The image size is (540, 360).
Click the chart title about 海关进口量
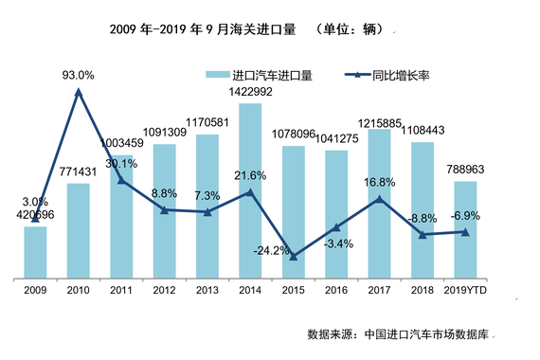pyautogui.click(x=232, y=29)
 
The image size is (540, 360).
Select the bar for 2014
pyautogui.click(x=250, y=189)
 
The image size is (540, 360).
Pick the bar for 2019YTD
pyautogui.click(x=464, y=229)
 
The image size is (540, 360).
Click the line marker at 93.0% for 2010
pyautogui.click(x=78, y=92)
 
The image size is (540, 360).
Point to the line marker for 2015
pyautogui.click(x=293, y=257)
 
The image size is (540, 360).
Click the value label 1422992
pyautogui.click(x=250, y=92)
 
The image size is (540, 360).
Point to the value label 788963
pyautogui.click(x=466, y=171)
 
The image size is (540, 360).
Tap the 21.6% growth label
pyautogui.click(x=250, y=176)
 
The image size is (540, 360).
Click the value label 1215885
pyautogui.click(x=379, y=122)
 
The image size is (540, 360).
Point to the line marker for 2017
pyautogui.click(x=379, y=199)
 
